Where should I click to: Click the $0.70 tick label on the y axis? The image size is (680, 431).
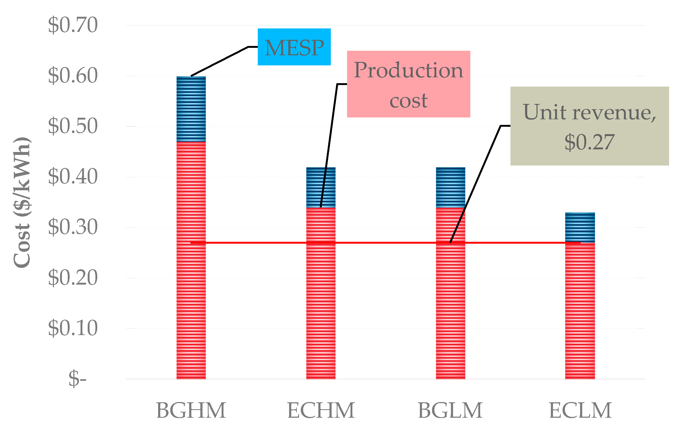(x=73, y=26)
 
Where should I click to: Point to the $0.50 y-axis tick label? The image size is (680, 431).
(x=73, y=126)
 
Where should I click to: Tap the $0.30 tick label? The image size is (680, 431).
(x=73, y=227)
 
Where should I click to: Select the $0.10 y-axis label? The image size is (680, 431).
(x=73, y=328)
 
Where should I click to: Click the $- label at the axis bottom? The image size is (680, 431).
(x=77, y=378)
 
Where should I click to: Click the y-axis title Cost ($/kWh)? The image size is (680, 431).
(x=22, y=202)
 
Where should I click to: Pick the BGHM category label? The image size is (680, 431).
(x=191, y=411)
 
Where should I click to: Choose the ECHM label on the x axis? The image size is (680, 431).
(x=321, y=411)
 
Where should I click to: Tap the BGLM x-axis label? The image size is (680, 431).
(x=450, y=411)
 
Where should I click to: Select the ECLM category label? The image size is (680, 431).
(x=580, y=411)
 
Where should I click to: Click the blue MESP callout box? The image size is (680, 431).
(x=294, y=47)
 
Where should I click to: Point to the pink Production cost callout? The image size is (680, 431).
(x=408, y=84)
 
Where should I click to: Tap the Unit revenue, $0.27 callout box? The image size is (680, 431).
(x=589, y=126)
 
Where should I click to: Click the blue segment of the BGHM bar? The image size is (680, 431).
(x=191, y=109)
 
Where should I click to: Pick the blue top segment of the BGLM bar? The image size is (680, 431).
(x=450, y=188)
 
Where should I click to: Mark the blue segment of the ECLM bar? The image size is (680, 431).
(x=580, y=227)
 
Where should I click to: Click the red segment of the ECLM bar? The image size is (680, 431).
(x=580, y=311)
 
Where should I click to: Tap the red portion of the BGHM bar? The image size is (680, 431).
(x=191, y=282)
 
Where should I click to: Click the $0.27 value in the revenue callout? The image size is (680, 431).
(x=589, y=142)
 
